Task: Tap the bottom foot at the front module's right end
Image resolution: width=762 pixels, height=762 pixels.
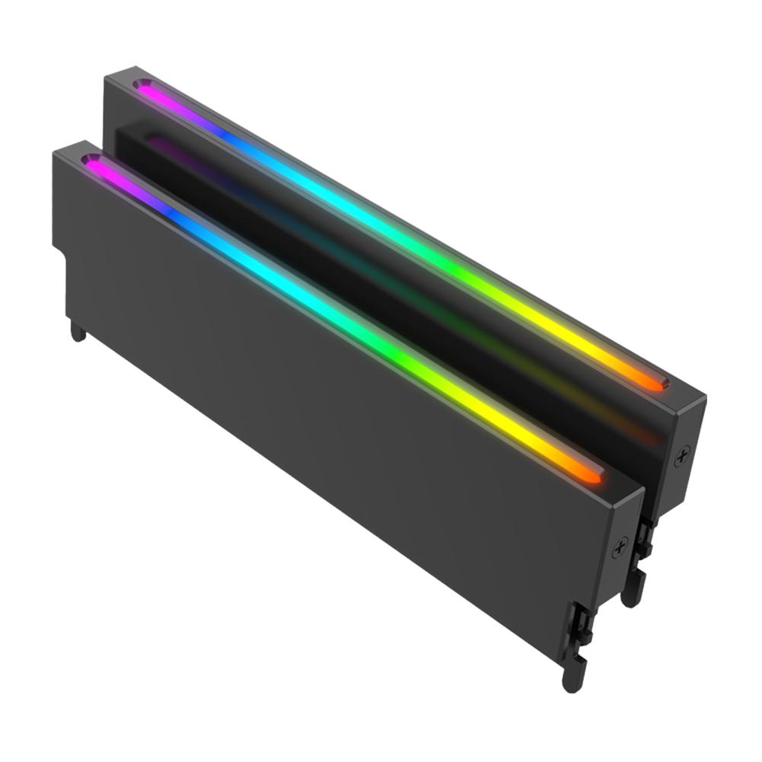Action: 572,676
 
